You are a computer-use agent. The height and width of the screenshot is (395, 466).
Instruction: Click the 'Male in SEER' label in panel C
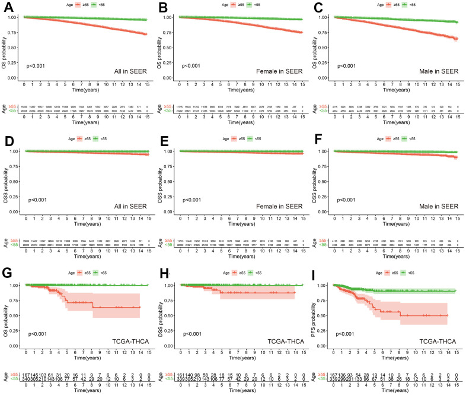point(440,71)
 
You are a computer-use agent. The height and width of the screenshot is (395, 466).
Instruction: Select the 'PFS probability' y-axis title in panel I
point(315,314)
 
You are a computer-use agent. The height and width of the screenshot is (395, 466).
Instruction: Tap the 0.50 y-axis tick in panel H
point(173,316)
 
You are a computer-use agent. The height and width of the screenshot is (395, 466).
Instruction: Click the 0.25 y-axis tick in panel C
point(328,62)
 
